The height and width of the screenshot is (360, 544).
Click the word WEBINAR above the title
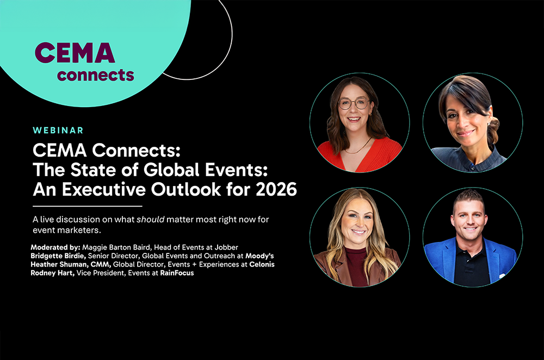(58, 131)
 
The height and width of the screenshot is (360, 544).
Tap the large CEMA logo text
(75, 53)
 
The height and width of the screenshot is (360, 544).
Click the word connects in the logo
(95, 75)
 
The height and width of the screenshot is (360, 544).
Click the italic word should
(151, 220)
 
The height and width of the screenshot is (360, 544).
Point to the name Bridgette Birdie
(58, 256)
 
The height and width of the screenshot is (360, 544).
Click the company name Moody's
(259, 256)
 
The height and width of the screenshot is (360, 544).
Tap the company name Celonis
(262, 264)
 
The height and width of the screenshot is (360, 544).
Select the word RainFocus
(177, 273)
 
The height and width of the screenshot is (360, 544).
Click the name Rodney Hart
(52, 273)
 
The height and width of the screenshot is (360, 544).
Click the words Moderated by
(55, 247)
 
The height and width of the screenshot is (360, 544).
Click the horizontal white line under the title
(88, 206)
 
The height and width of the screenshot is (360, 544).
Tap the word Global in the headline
(171, 170)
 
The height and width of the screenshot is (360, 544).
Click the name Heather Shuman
(59, 265)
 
